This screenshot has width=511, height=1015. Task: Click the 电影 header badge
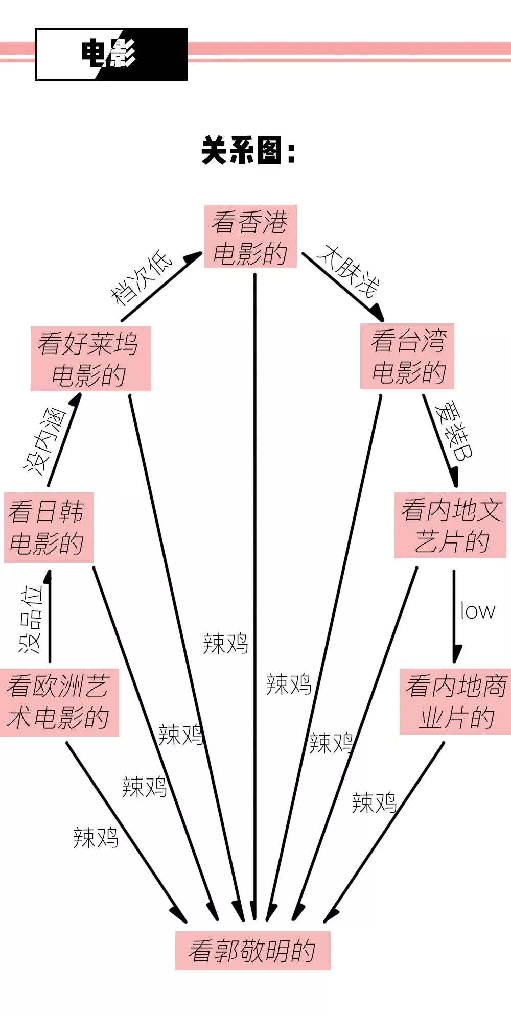111,54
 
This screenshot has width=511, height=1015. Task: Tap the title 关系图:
249,151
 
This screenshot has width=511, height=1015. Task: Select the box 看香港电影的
250,237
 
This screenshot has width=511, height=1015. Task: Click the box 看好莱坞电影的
90,359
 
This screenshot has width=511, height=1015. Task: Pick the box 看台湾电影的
407,356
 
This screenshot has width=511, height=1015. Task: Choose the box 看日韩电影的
49,527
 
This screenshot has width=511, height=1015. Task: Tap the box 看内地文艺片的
450,525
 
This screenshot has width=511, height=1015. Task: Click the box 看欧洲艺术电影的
59,702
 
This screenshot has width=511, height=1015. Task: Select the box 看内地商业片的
455,701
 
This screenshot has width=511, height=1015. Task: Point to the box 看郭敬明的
252,950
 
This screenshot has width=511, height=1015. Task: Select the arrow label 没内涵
44,440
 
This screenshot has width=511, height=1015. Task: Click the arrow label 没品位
31,619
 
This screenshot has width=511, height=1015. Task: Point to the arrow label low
477,610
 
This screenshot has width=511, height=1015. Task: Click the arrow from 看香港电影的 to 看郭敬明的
254,562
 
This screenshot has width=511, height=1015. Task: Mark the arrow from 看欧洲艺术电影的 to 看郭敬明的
128,833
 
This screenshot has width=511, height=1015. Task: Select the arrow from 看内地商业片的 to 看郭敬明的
383,833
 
